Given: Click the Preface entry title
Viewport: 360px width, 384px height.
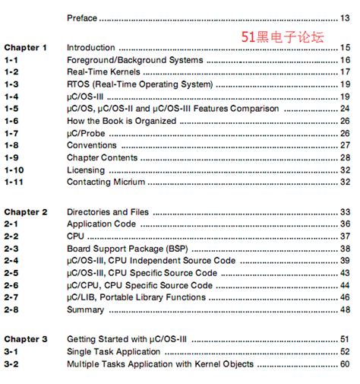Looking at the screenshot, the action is pos(82,17).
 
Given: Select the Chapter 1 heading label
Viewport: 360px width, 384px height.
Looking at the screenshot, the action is pos(26,47).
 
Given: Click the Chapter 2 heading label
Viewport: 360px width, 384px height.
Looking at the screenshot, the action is pos(26,211).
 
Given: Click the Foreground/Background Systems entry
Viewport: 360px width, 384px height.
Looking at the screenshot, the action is pos(134,59).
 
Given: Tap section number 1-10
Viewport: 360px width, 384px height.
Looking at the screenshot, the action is pos(14,170).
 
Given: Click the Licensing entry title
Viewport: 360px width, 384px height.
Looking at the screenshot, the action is pos(86,170).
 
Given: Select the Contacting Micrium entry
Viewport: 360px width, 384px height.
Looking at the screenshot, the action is pos(104,182).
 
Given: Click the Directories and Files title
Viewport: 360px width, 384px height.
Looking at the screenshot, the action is pos(108,211).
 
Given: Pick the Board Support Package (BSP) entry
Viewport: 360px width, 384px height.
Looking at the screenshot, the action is pos(127,248).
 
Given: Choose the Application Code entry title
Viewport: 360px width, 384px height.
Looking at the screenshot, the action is pos(101,224).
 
